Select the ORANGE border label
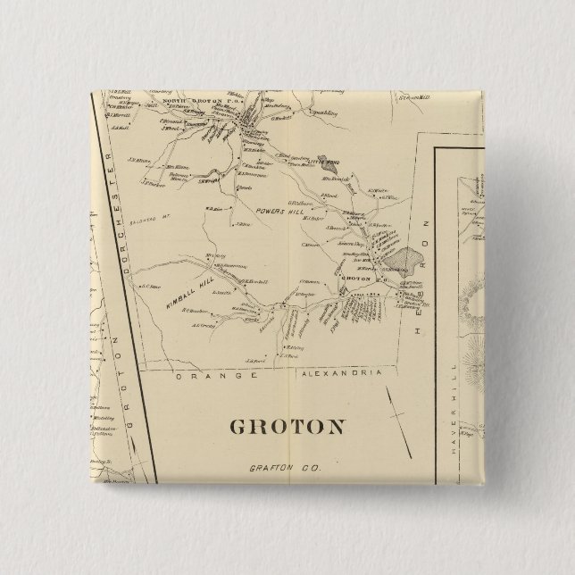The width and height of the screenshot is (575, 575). [212, 377]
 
